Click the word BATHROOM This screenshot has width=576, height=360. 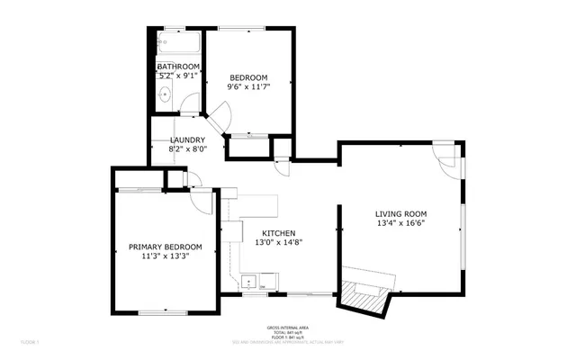[178, 67]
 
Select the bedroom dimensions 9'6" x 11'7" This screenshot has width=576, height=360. [247, 86]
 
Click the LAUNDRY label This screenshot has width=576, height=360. [188, 139]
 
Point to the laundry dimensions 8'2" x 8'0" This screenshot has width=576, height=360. [188, 149]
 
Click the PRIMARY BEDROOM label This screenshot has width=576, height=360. [165, 247]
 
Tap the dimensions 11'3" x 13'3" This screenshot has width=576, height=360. [165, 256]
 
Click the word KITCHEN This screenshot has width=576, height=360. [279, 232]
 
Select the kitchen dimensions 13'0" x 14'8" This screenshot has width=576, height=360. [279, 242]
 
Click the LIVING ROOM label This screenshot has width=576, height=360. [400, 213]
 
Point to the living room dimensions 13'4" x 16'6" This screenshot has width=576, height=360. [400, 224]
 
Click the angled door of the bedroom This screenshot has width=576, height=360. [221, 114]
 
